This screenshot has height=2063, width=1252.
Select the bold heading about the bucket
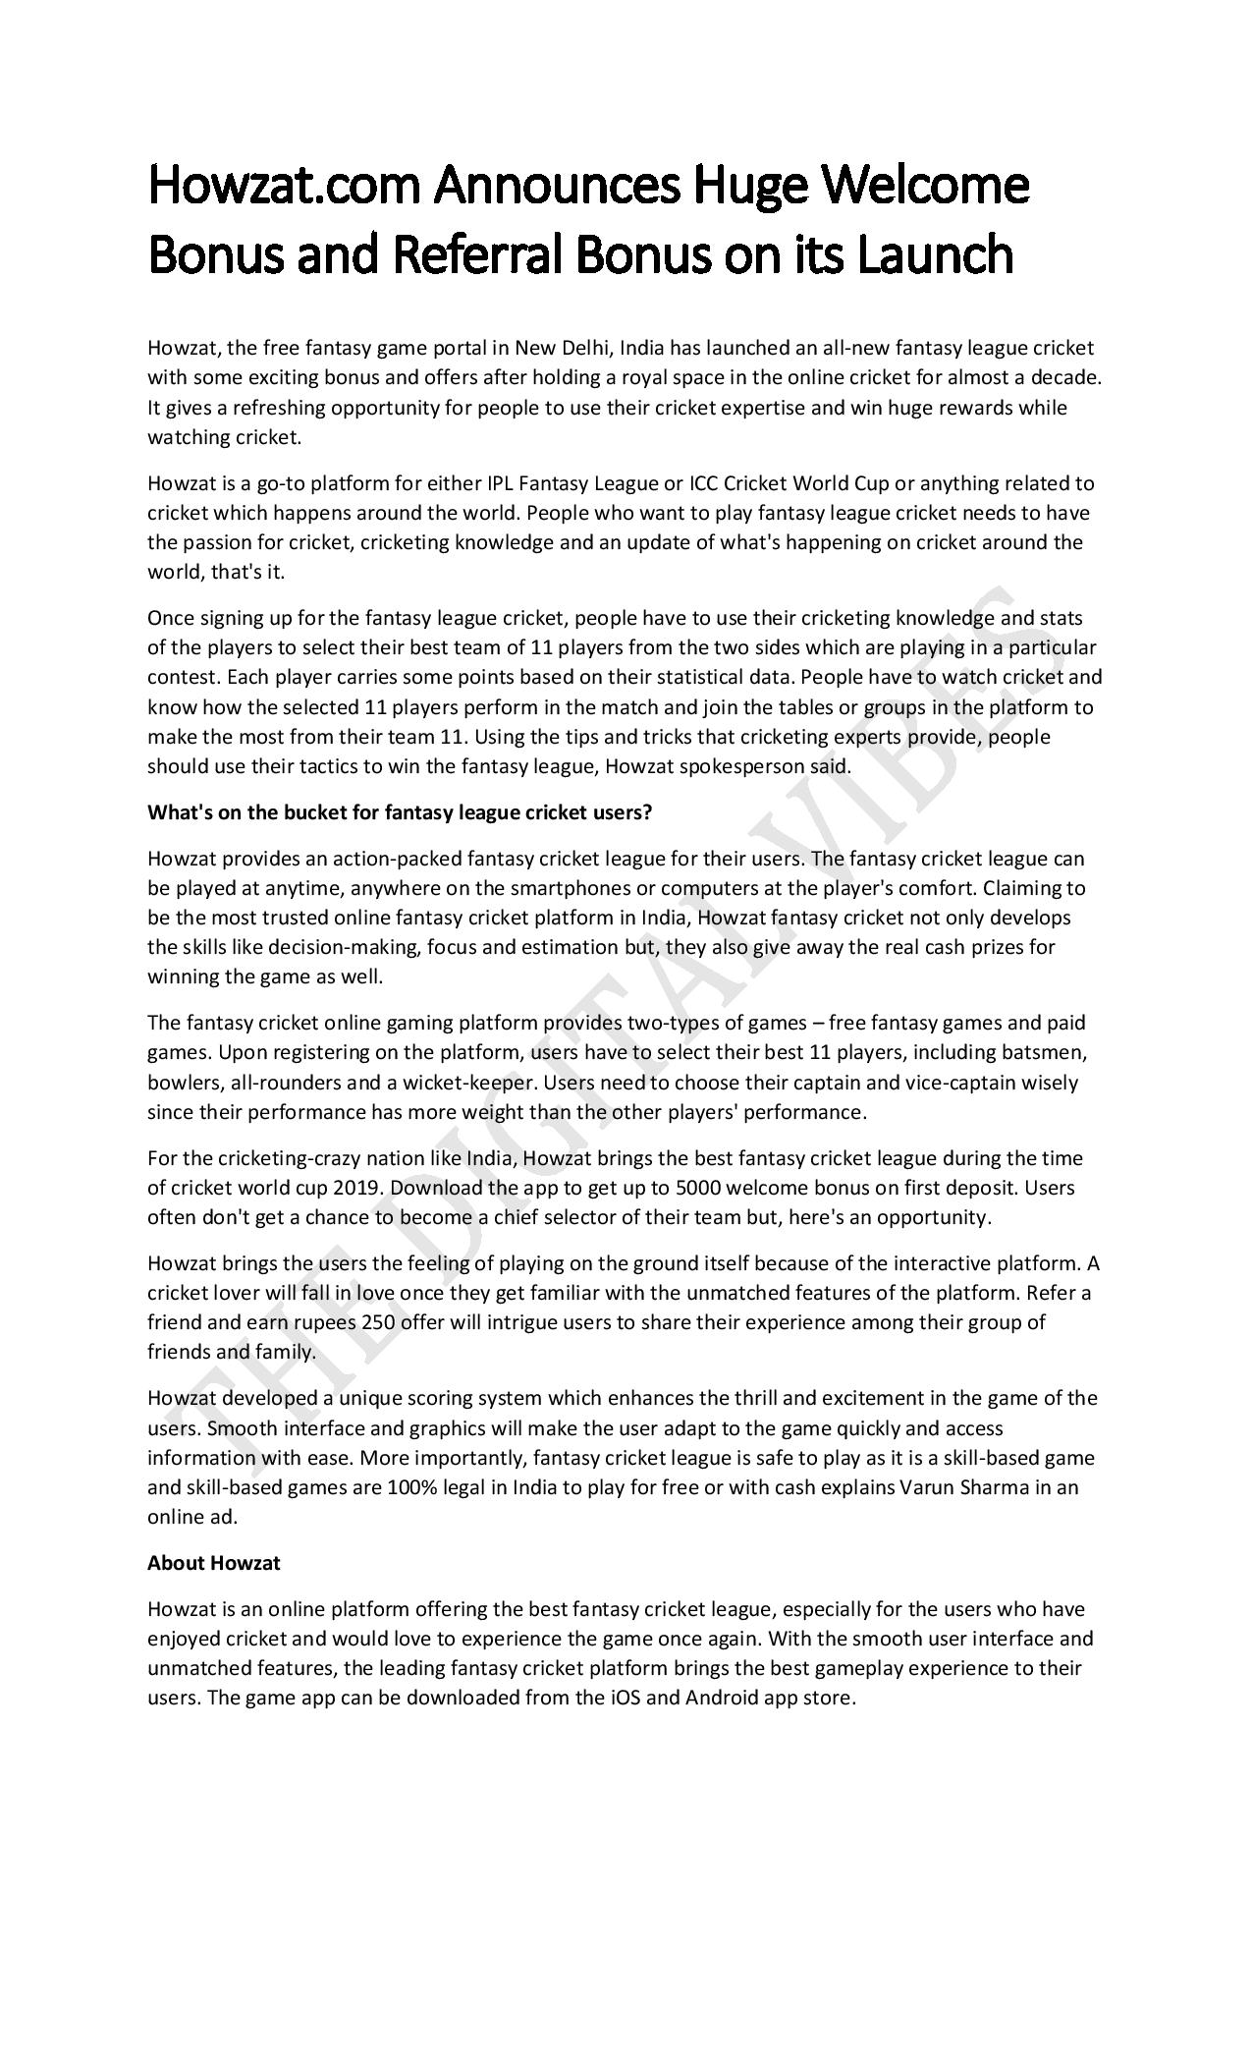click(400, 812)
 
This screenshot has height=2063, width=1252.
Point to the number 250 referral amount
click(378, 1322)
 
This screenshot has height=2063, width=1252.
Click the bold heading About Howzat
click(213, 1563)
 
